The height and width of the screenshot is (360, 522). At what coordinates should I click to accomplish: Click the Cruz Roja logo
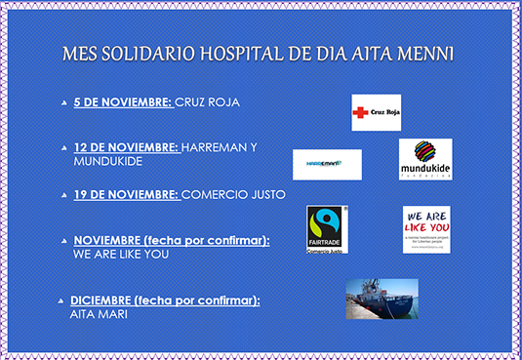tap(376, 112)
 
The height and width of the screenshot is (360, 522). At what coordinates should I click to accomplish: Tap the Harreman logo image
tap(327, 164)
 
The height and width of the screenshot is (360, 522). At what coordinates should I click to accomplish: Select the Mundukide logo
tap(424, 159)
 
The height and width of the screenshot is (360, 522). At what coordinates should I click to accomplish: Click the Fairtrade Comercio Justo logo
tap(327, 229)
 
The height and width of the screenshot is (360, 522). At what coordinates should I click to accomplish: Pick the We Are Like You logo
tap(426, 229)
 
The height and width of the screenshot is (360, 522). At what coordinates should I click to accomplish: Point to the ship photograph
tap(382, 299)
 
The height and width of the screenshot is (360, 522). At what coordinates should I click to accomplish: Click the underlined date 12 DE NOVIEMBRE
tap(126, 147)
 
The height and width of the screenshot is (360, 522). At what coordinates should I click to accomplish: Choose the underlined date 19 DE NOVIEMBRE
tap(126, 194)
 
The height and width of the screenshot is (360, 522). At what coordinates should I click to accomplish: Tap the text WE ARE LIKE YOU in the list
tap(121, 254)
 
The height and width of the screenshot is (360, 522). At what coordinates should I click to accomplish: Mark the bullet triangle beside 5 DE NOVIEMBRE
tap(64, 102)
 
